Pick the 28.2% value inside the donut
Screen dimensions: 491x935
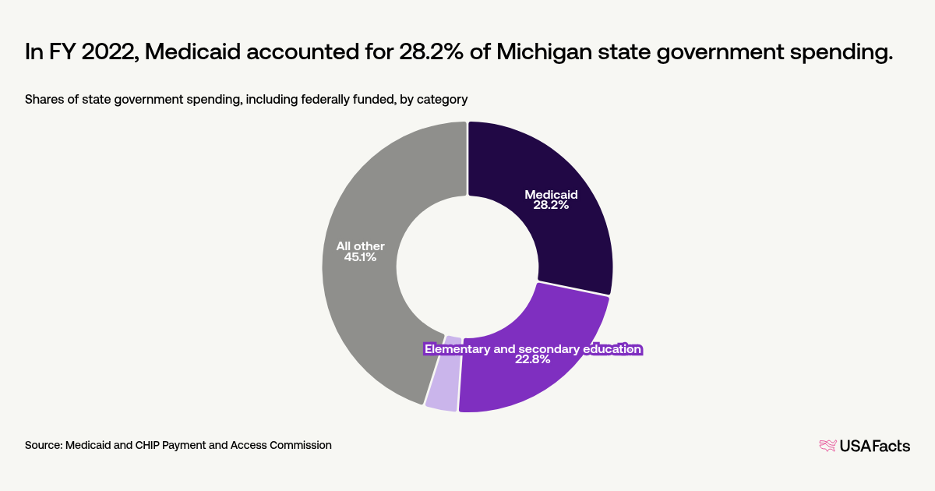(551, 207)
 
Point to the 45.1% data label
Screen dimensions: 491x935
(360, 257)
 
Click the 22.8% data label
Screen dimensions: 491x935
(533, 360)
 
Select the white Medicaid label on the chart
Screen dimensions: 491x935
(551, 194)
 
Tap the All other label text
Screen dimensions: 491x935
(360, 246)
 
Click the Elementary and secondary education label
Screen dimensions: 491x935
(533, 348)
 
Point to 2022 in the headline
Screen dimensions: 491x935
(108, 53)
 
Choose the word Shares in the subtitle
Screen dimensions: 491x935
(44, 99)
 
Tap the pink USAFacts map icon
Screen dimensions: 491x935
(827, 446)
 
